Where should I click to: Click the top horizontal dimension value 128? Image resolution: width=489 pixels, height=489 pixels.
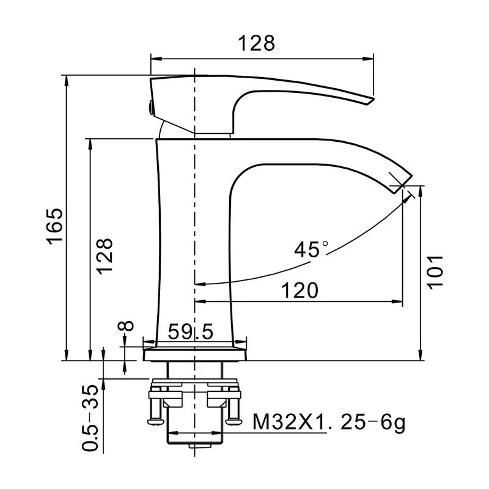click(257, 43)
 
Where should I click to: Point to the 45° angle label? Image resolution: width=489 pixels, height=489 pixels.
click(310, 249)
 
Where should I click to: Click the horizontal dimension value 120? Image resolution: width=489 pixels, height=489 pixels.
click(300, 290)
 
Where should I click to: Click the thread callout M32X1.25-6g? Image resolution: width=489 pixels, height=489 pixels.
click(329, 422)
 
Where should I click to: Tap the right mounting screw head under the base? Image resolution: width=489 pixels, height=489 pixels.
click(232, 419)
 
